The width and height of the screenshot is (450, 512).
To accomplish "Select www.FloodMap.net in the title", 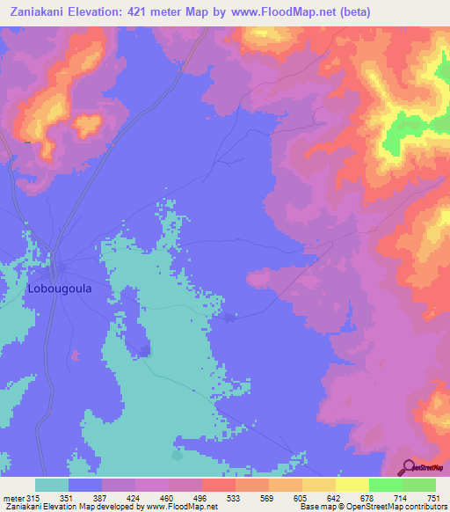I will [285, 11].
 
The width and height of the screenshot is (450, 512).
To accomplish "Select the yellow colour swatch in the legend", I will [352, 486].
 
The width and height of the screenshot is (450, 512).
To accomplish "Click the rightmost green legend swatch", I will [418, 486].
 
